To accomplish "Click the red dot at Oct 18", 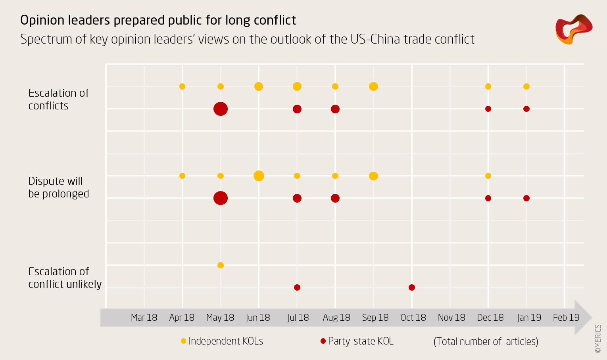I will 412,287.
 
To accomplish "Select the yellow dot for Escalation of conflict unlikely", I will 221,265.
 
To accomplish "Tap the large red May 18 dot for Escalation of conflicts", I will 221,109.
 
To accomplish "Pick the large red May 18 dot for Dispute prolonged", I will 221,198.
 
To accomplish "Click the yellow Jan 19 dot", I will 526,86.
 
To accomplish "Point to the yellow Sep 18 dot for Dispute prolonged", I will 373,176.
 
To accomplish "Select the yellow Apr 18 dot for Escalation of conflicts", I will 182,86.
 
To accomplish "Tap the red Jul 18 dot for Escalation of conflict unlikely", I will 297,287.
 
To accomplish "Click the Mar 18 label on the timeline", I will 144,318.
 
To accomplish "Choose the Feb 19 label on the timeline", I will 566,318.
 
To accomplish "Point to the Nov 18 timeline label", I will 451,318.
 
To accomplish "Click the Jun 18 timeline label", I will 258,318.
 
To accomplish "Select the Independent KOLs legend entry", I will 222,341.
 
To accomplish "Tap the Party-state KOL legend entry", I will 357,341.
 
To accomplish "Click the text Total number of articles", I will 486,342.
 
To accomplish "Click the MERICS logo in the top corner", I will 574,29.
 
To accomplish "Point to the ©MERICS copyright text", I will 598,339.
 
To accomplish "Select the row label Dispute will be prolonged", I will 59,188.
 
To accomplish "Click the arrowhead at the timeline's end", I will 583,318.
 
